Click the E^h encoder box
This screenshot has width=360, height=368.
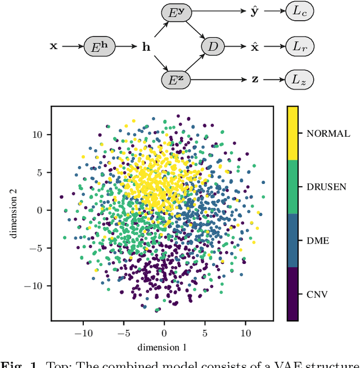[x=100, y=46]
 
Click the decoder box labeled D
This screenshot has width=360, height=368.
[x=212, y=46]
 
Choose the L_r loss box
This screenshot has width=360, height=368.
[x=299, y=46]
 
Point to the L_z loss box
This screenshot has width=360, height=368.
[x=299, y=79]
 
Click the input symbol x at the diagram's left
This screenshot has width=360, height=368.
[x=53, y=46]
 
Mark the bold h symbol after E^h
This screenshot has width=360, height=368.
[x=146, y=47]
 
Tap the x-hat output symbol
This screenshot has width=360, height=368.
[x=255, y=46]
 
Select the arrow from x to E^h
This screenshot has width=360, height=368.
[x=71, y=46]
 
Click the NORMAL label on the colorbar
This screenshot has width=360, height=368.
[x=328, y=134]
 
